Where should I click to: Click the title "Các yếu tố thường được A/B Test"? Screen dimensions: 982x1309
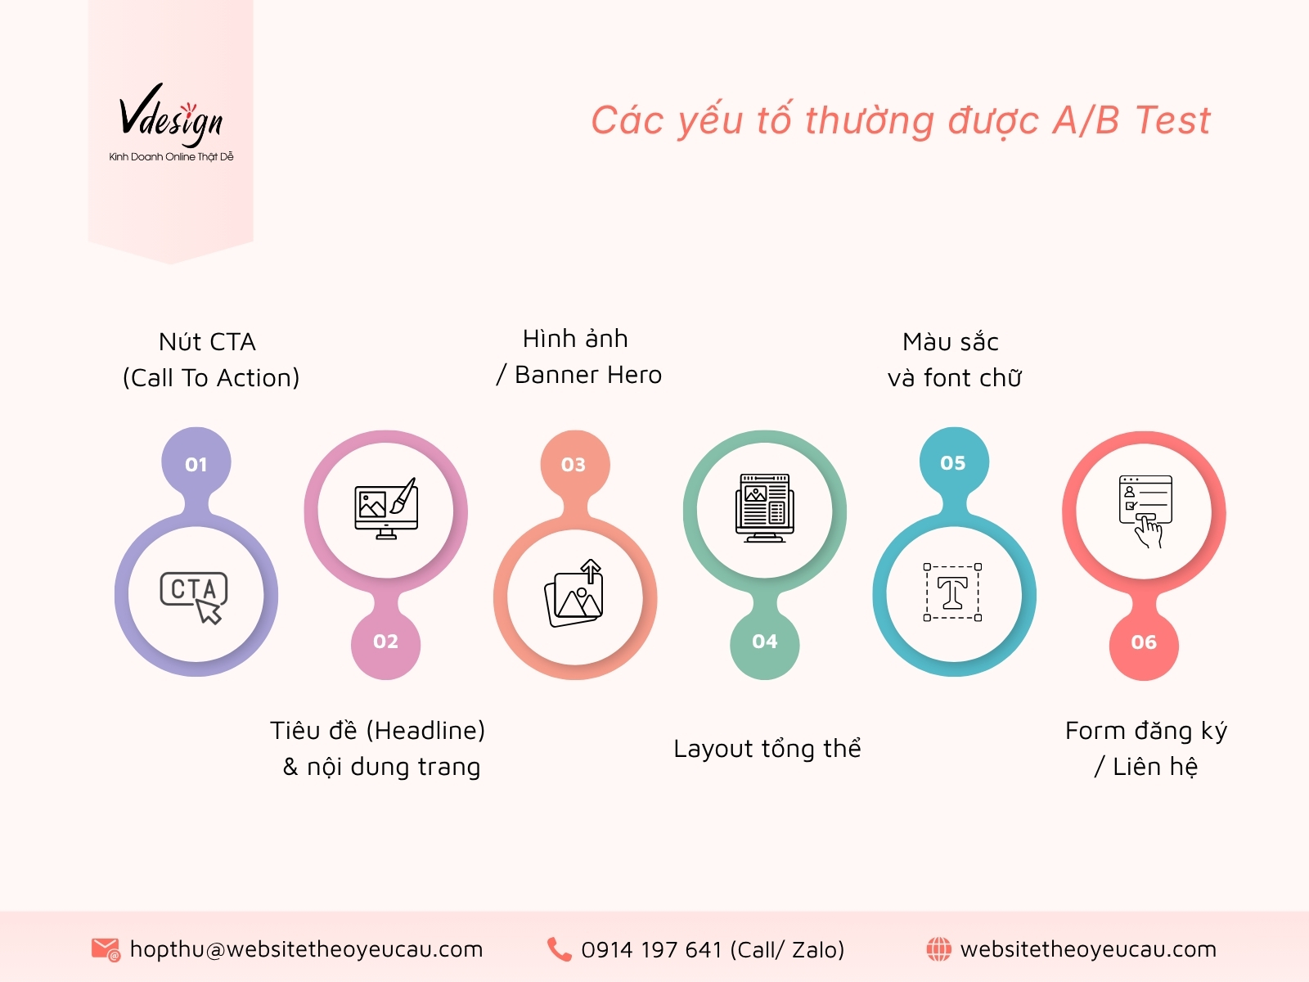900,121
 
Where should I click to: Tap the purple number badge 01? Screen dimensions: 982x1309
196,464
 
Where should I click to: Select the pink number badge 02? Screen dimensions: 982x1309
385,642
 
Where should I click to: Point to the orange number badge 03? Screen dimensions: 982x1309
574,465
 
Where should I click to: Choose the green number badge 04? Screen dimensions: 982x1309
764,642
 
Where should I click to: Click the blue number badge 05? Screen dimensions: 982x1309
953,462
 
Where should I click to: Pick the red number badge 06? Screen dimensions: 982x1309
1144,642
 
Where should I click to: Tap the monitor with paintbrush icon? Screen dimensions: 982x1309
385,509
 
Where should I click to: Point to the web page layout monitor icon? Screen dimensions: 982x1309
764,508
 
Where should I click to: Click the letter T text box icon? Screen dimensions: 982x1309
952,592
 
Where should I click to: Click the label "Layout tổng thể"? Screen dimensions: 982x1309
767,749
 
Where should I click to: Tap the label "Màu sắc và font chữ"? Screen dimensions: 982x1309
954,360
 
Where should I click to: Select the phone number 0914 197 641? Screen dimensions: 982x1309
652,950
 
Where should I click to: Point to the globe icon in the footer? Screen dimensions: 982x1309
938,949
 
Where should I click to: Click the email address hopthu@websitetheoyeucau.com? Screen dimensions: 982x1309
307,949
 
